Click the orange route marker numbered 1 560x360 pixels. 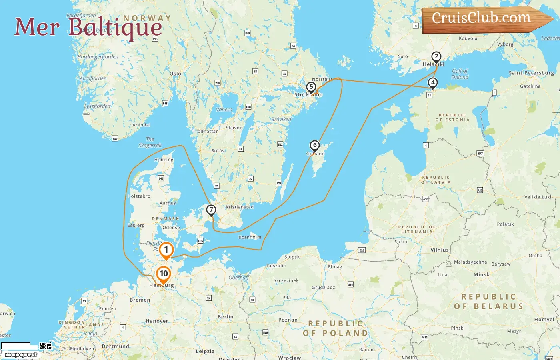tap(166, 250)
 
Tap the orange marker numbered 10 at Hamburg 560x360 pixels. tap(164, 274)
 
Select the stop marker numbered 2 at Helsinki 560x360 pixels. tap(436, 57)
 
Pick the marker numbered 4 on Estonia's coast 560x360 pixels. tap(432, 83)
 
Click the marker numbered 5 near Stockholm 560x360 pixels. tap(311, 87)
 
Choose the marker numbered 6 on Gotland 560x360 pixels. tap(315, 146)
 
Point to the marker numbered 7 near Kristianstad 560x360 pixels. tap(211, 210)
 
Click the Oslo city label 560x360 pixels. tap(175, 74)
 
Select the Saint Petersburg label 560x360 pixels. tap(531, 73)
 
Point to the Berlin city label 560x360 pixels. tap(225, 316)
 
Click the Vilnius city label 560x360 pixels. tap(440, 250)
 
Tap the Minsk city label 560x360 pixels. tap(481, 274)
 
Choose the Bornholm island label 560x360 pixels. tap(250, 237)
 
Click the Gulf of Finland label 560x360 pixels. tap(460, 74)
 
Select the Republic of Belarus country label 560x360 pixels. tap(488, 301)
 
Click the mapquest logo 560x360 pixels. tap(21, 354)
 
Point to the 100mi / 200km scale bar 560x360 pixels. tap(26, 346)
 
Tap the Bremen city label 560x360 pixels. tap(140, 300)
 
